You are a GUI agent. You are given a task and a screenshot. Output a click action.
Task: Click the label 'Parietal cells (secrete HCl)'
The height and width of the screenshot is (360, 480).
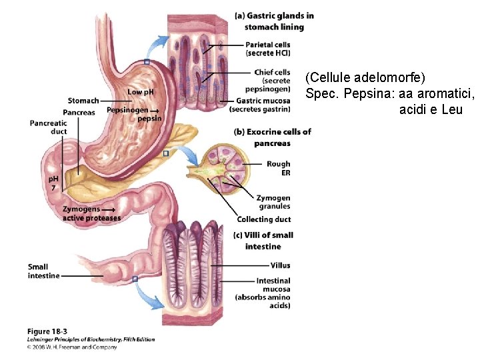[268, 49]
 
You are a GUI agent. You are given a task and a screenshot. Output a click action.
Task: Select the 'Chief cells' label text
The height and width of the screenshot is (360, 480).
[272, 72]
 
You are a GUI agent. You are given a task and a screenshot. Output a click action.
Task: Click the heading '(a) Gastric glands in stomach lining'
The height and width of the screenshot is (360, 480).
[274, 21]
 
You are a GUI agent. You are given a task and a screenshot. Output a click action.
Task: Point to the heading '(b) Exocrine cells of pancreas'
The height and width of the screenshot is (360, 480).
[272, 137]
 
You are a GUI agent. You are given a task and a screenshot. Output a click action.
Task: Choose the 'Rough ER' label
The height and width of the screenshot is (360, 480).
[278, 168]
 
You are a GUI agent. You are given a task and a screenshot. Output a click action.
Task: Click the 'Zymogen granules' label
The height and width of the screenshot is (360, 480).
[273, 202]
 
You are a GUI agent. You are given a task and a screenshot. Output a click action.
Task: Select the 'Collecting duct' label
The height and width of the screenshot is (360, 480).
[264, 219]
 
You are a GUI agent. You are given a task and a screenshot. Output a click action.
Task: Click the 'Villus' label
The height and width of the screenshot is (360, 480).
[280, 265]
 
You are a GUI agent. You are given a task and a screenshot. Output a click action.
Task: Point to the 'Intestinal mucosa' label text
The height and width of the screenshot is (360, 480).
[273, 285]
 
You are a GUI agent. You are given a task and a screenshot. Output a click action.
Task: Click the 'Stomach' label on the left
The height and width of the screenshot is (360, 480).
[83, 101]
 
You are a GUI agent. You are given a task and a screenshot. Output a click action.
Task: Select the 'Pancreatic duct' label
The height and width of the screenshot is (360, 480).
[48, 127]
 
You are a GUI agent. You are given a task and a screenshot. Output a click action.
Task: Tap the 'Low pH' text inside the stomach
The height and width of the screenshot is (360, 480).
[140, 91]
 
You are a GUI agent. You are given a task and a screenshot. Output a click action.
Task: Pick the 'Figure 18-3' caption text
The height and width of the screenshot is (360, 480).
[47, 331]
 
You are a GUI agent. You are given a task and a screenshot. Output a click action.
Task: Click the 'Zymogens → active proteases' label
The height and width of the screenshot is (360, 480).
[91, 213]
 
